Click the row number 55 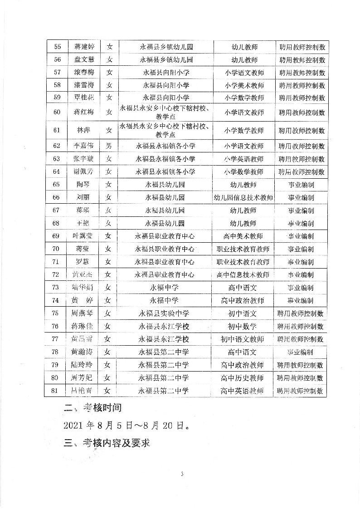[x=58, y=47]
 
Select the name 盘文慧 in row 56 [x=84, y=59]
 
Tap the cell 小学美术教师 [x=244, y=85]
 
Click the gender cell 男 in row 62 [x=109, y=146]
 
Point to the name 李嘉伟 [x=84, y=146]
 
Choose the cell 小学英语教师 [x=244, y=159]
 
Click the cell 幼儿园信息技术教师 [x=244, y=197]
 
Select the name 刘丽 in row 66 [x=84, y=197]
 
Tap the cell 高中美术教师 [x=243, y=236]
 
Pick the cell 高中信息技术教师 [x=243, y=275]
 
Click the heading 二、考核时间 [x=92, y=408]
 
